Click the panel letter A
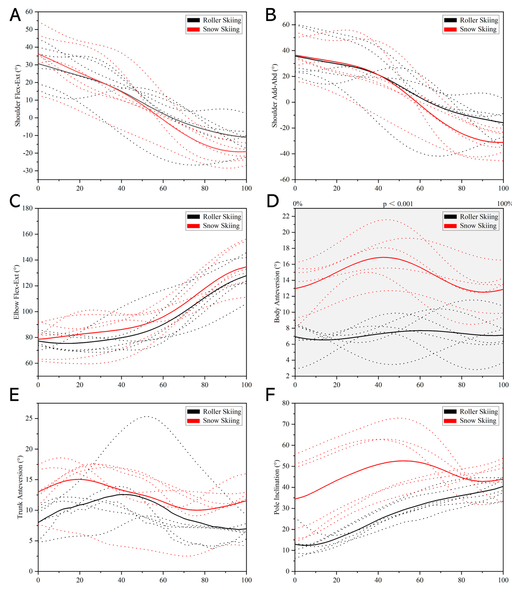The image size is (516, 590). [15, 15]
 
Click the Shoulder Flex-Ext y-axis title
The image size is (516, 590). [18, 96]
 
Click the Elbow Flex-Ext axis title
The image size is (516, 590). [16, 292]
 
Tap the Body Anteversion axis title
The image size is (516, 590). [277, 292]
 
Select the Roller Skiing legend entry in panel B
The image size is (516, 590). [471, 20]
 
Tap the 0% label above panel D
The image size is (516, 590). [298, 204]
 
